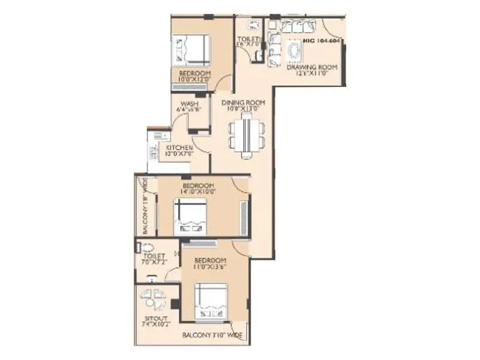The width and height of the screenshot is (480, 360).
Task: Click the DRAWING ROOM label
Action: (311, 67)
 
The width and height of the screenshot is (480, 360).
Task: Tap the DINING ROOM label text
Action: (243, 103)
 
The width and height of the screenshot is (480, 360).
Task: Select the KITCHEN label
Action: (179, 148)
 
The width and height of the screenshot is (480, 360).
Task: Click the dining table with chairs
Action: (245, 137)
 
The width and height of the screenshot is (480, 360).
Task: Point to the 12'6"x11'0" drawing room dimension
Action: (311, 74)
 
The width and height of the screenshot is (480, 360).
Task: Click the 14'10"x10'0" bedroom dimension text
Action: (199, 192)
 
